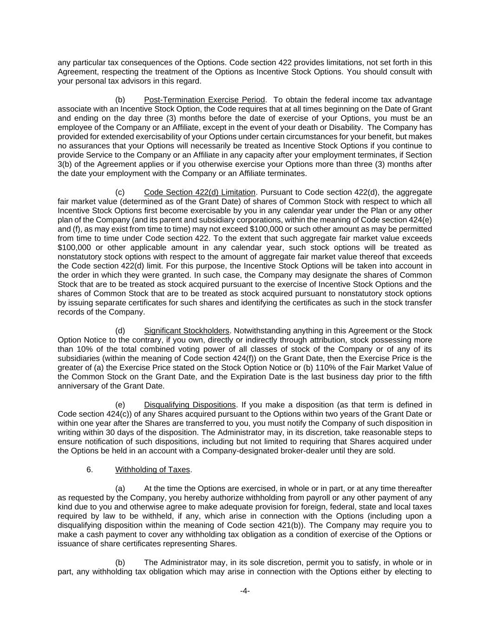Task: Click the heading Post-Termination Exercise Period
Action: [204, 100]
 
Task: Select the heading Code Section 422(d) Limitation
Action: [200, 192]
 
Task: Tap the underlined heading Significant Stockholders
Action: [187, 331]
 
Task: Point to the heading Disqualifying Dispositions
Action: [190, 405]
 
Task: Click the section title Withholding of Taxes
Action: [152, 470]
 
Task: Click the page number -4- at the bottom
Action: [245, 591]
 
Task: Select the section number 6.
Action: [90, 470]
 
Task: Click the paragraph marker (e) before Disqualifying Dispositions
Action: [120, 405]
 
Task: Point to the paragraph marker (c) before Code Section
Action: [120, 192]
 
